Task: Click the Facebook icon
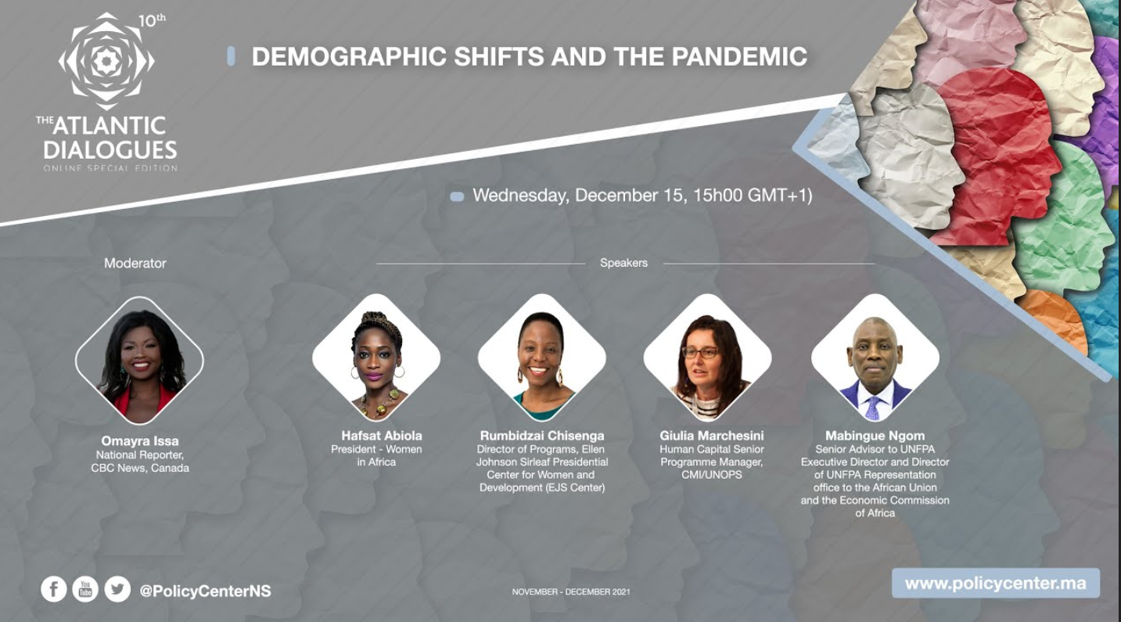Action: tap(53, 589)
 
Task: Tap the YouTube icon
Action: tap(85, 589)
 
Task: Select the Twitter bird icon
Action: tap(117, 589)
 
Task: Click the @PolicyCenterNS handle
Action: tap(205, 591)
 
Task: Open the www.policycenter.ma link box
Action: tap(996, 583)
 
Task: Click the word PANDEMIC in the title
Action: tap(740, 56)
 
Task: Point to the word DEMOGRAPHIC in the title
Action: tap(349, 56)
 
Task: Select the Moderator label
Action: tap(135, 263)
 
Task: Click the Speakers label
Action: tap(623, 263)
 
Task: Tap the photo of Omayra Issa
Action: tap(139, 361)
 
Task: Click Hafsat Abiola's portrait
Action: tap(376, 358)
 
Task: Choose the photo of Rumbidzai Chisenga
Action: tap(542, 358)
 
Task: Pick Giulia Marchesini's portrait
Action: tap(708, 358)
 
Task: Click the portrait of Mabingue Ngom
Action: tap(875, 358)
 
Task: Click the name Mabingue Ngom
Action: tap(875, 435)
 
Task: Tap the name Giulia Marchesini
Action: tap(712, 435)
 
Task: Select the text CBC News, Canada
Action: tap(140, 468)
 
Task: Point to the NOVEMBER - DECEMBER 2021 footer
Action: tap(571, 591)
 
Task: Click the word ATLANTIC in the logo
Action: tap(109, 126)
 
